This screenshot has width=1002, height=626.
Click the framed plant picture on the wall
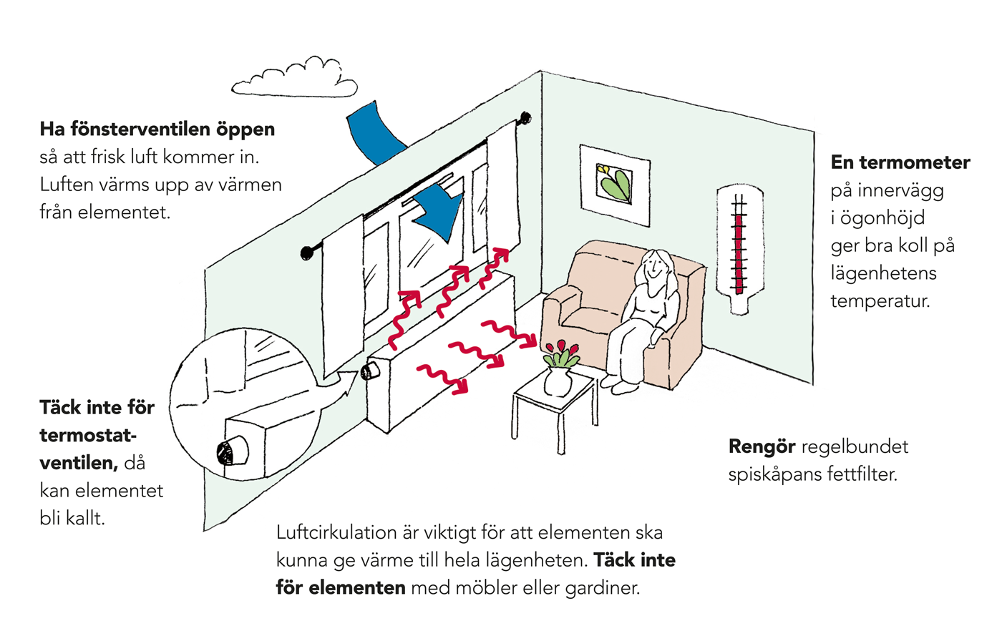coord(615,185)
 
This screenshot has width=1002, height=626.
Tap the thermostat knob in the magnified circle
coord(230,451)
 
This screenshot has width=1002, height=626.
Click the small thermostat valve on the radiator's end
coord(369,372)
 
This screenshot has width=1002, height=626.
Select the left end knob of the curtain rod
coord(307,252)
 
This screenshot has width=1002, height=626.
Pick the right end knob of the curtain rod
coord(526,117)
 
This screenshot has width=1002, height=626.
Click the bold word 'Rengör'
coord(762,446)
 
